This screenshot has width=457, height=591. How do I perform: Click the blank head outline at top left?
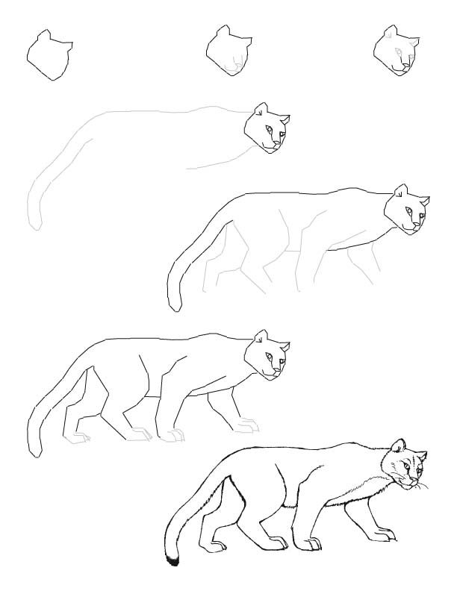(x=49, y=57)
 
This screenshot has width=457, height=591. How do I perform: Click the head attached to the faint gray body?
(x=267, y=128)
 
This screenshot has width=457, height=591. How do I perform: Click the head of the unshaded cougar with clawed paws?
(x=269, y=354)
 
